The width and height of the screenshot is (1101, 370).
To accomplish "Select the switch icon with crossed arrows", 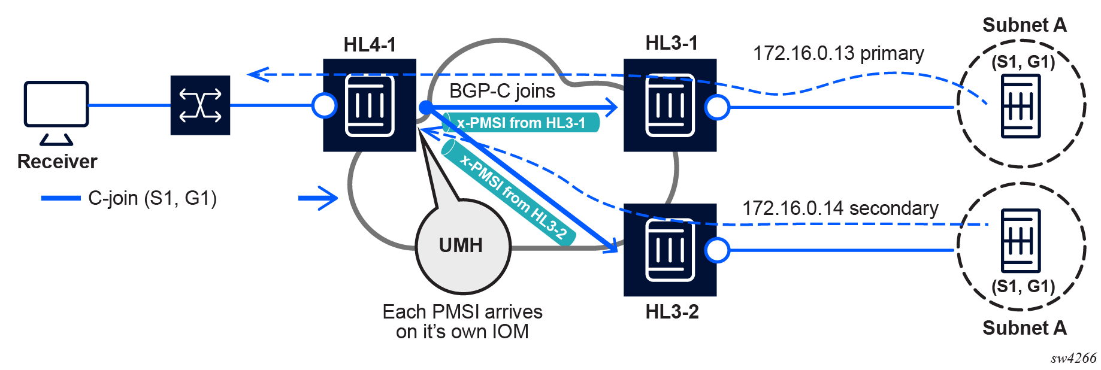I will pos(200,105).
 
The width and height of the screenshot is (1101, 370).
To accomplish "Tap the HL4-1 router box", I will pos(370,105).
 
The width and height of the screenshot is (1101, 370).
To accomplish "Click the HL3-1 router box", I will pos(670,105).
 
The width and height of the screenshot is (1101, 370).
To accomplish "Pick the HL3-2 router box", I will pos(670,250).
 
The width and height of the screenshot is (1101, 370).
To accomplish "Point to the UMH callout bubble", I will pos(462,245).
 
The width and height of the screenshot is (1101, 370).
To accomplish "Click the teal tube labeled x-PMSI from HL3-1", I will pos(521,123).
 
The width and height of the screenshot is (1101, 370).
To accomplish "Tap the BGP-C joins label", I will pos(502,91).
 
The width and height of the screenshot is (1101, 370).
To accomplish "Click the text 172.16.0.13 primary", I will pos(838,53).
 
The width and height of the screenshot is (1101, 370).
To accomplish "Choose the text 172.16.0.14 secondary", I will pos(840,208).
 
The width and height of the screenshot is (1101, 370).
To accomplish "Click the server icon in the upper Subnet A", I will pos(1021,107).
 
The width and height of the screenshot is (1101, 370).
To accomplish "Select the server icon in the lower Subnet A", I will pos(1021,241).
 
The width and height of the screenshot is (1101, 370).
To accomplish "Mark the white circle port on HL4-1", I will pos(325,106).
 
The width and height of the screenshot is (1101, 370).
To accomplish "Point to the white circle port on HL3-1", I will pos(717,107).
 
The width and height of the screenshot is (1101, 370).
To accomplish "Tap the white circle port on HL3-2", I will pos(717,250).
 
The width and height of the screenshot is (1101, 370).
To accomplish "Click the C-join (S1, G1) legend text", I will pos(152,198).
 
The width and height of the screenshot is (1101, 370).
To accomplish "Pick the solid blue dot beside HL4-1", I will pos(425,108).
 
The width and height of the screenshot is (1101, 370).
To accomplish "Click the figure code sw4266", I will pos(1073,358).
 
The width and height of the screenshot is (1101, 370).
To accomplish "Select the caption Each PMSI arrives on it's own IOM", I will pos(462,322).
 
